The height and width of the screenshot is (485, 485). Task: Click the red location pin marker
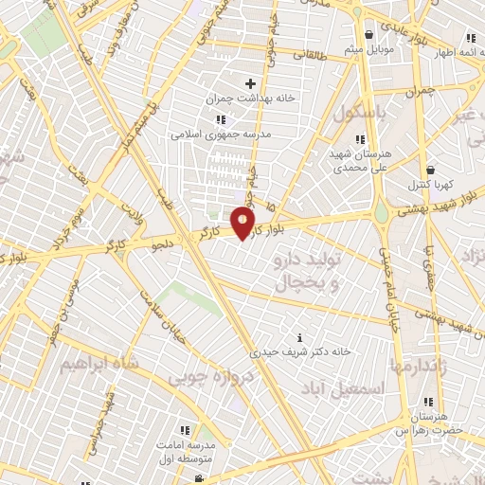[x=243, y=224]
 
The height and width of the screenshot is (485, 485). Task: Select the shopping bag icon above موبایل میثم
[x=368, y=33]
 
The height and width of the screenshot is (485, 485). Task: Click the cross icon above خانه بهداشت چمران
[x=250, y=84]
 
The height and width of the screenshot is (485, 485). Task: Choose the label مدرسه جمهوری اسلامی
[x=221, y=134]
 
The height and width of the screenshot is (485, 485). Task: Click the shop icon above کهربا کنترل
[x=430, y=170]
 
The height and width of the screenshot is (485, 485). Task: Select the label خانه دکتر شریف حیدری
[x=300, y=351]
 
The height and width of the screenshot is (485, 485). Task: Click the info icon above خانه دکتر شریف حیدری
[x=300, y=337]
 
